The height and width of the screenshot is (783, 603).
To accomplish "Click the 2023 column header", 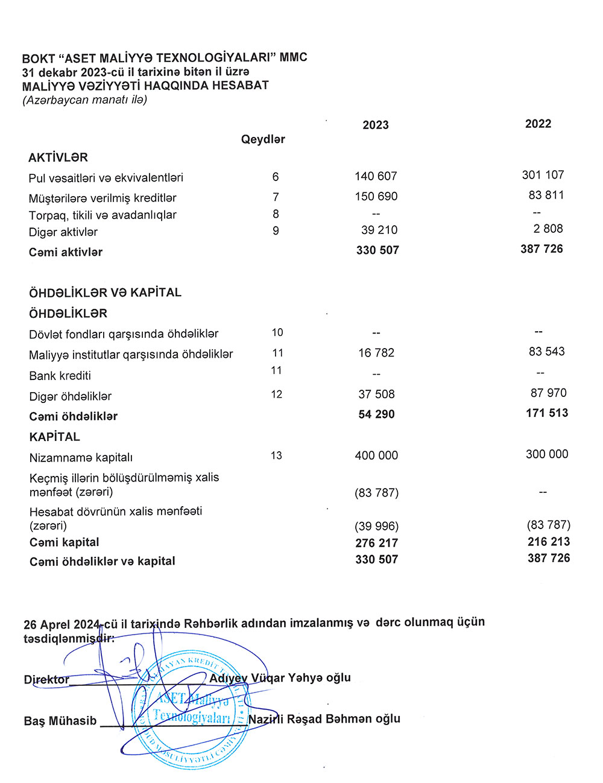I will (x=376, y=125).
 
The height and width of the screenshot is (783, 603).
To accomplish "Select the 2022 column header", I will (x=538, y=124).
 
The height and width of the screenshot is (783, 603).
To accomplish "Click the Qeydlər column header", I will (x=263, y=139).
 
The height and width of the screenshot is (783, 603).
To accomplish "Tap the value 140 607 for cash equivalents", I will (x=376, y=176).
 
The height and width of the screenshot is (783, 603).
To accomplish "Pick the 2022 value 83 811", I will (x=546, y=195).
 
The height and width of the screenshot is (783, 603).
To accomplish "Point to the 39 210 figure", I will (x=379, y=230).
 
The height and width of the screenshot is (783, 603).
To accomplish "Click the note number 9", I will (x=276, y=230).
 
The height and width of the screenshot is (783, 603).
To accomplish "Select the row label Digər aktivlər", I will (x=63, y=232).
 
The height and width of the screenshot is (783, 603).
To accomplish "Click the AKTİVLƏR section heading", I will (x=58, y=157).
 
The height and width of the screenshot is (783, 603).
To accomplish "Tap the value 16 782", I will (x=376, y=353).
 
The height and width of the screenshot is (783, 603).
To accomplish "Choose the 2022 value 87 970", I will (x=548, y=393).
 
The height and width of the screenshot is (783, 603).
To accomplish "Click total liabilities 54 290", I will (x=376, y=414).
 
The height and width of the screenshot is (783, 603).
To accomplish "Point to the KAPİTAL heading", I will (x=55, y=437).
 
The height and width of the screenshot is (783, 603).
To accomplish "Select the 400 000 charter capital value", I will (x=376, y=455).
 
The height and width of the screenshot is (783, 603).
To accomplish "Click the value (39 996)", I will (x=376, y=526).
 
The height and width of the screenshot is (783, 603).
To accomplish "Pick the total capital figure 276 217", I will (x=376, y=543).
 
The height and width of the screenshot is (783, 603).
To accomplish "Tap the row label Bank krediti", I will (x=60, y=376).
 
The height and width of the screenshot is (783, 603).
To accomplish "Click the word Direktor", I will (x=46, y=679).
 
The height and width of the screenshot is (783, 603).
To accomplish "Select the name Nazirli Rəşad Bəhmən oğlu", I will (x=324, y=719).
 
